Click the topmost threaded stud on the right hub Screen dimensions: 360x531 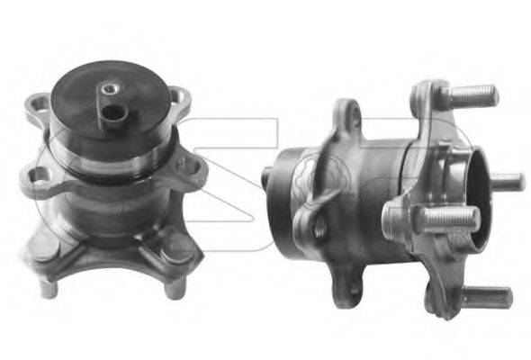tap(472, 94)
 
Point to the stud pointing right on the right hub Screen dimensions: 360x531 tap(508, 179)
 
